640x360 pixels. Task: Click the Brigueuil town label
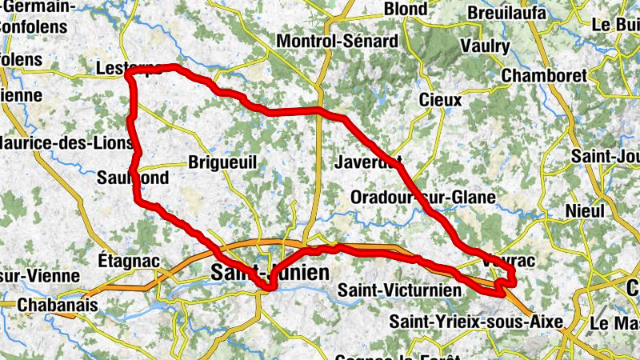(222, 162)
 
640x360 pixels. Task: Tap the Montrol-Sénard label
(336, 41)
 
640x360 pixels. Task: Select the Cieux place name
(441, 101)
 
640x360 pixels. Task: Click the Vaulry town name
(485, 46)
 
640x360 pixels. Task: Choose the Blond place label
(406, 9)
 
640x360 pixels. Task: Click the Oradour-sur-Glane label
(424, 197)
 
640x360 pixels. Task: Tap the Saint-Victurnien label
(400, 290)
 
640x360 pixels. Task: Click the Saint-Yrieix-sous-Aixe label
(476, 322)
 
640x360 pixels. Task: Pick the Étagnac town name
(129, 261)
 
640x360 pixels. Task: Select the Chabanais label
(57, 306)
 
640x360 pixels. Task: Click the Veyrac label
(509, 261)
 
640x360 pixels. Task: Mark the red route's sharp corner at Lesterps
(128, 75)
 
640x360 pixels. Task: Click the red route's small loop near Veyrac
(503, 283)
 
